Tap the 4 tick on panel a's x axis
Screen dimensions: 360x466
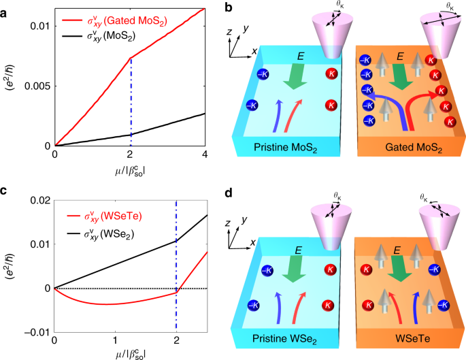204,156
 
